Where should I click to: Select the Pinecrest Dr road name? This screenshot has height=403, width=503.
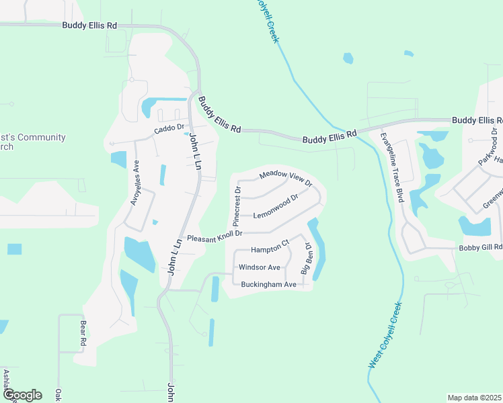tap(237, 206)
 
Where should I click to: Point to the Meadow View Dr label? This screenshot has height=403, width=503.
tap(286, 177)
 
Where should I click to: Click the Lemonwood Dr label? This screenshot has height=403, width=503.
tap(276, 206)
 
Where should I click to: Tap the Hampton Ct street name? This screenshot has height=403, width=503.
tap(269, 249)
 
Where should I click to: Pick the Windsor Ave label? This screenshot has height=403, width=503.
tap(259, 267)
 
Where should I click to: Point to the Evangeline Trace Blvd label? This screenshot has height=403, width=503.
tap(390, 167)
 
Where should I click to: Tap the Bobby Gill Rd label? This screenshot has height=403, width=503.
tap(480, 247)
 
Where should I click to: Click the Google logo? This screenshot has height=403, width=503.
tap(22, 395)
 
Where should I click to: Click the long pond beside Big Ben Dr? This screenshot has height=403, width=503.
tap(317, 249)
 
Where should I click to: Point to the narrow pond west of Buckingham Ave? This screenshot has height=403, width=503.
tap(215, 289)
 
